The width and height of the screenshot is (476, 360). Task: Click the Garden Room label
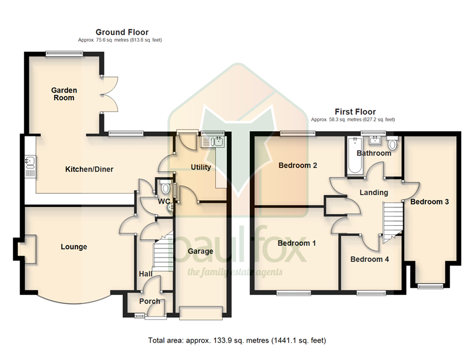click(64, 94)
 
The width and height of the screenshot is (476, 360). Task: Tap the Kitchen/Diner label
click(89, 169)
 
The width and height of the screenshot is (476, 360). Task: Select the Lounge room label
click(74, 247)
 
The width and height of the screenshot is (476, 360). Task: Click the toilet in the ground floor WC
click(165, 187)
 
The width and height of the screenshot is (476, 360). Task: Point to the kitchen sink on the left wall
click(30, 166)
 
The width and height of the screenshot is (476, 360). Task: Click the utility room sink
click(213, 142)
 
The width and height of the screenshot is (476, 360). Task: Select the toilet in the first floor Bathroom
click(392, 143)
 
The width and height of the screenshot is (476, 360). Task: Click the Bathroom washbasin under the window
click(375, 140)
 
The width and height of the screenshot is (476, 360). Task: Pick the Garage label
click(200, 252)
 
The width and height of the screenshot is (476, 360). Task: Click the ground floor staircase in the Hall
click(163, 251)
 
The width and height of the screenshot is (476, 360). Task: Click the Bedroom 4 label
click(369, 259)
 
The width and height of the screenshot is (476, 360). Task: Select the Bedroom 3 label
click(429, 201)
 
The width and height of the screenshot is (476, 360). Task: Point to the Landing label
click(373, 193)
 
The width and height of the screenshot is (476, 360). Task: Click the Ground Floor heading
click(122, 32)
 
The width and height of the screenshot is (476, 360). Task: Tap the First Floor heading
click(355, 111)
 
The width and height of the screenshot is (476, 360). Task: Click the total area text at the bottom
click(237, 340)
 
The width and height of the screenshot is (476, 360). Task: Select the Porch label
click(150, 302)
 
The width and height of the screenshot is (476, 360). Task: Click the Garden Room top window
click(64, 54)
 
